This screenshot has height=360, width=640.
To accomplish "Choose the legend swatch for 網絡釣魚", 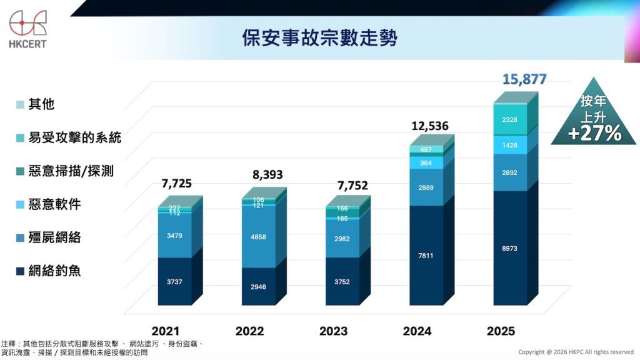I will coord(21,271).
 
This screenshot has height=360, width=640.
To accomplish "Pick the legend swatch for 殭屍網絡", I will coord(21,238).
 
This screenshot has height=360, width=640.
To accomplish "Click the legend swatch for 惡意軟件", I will coord(21,204).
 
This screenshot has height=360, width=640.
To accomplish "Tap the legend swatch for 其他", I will coord(21,104).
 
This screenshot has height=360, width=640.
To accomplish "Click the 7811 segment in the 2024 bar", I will coord(426,255).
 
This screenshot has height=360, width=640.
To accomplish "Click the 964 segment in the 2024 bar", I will coord(426,162).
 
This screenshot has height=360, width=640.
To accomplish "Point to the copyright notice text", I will coord(576,352).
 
